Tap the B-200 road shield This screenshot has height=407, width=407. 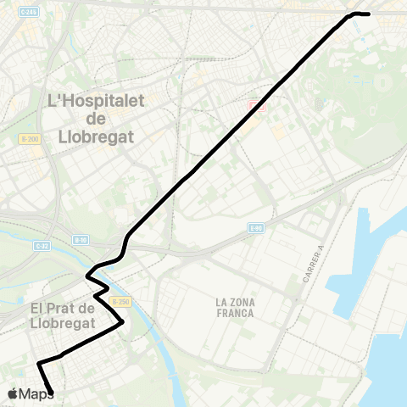coord(28,138)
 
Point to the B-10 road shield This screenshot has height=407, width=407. coord(81,240)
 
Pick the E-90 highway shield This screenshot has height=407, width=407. coord(257,228)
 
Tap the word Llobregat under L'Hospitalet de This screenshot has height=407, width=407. coord(96,136)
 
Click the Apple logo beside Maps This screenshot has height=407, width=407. coord(13,393)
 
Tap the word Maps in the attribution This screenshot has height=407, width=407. coord(36,393)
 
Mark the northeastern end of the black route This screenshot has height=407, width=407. coord(368,14)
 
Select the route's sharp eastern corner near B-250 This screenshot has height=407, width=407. coord(123,321)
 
